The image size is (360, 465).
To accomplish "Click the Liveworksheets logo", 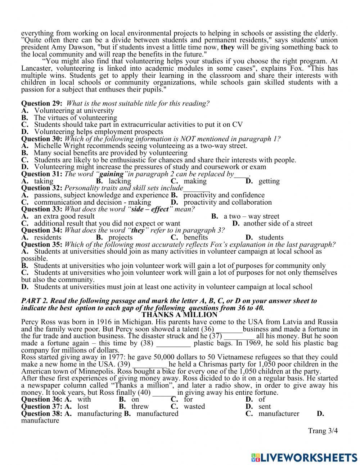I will tap(304, 457).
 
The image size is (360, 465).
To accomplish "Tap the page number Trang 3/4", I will tap(323, 430).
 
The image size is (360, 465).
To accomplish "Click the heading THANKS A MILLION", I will tap(179, 314).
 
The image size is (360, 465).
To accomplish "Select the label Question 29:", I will tap(42, 103).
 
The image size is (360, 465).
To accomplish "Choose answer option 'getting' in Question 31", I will tap(269, 181).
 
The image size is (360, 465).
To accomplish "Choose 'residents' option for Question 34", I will tap(48, 237).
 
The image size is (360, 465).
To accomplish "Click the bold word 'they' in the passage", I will tap(227, 47).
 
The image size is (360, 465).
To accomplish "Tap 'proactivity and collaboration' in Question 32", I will tap(228, 202).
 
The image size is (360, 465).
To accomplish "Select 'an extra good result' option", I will tap(64, 216).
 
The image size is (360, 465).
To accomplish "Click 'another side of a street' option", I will tap(278, 223).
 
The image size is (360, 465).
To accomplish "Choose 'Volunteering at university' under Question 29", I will tap(74, 111).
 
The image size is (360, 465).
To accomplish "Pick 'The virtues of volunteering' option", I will tap(75, 118).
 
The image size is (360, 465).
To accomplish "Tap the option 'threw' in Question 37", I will tap(140, 406).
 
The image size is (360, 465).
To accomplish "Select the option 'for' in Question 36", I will tap(188, 399).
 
